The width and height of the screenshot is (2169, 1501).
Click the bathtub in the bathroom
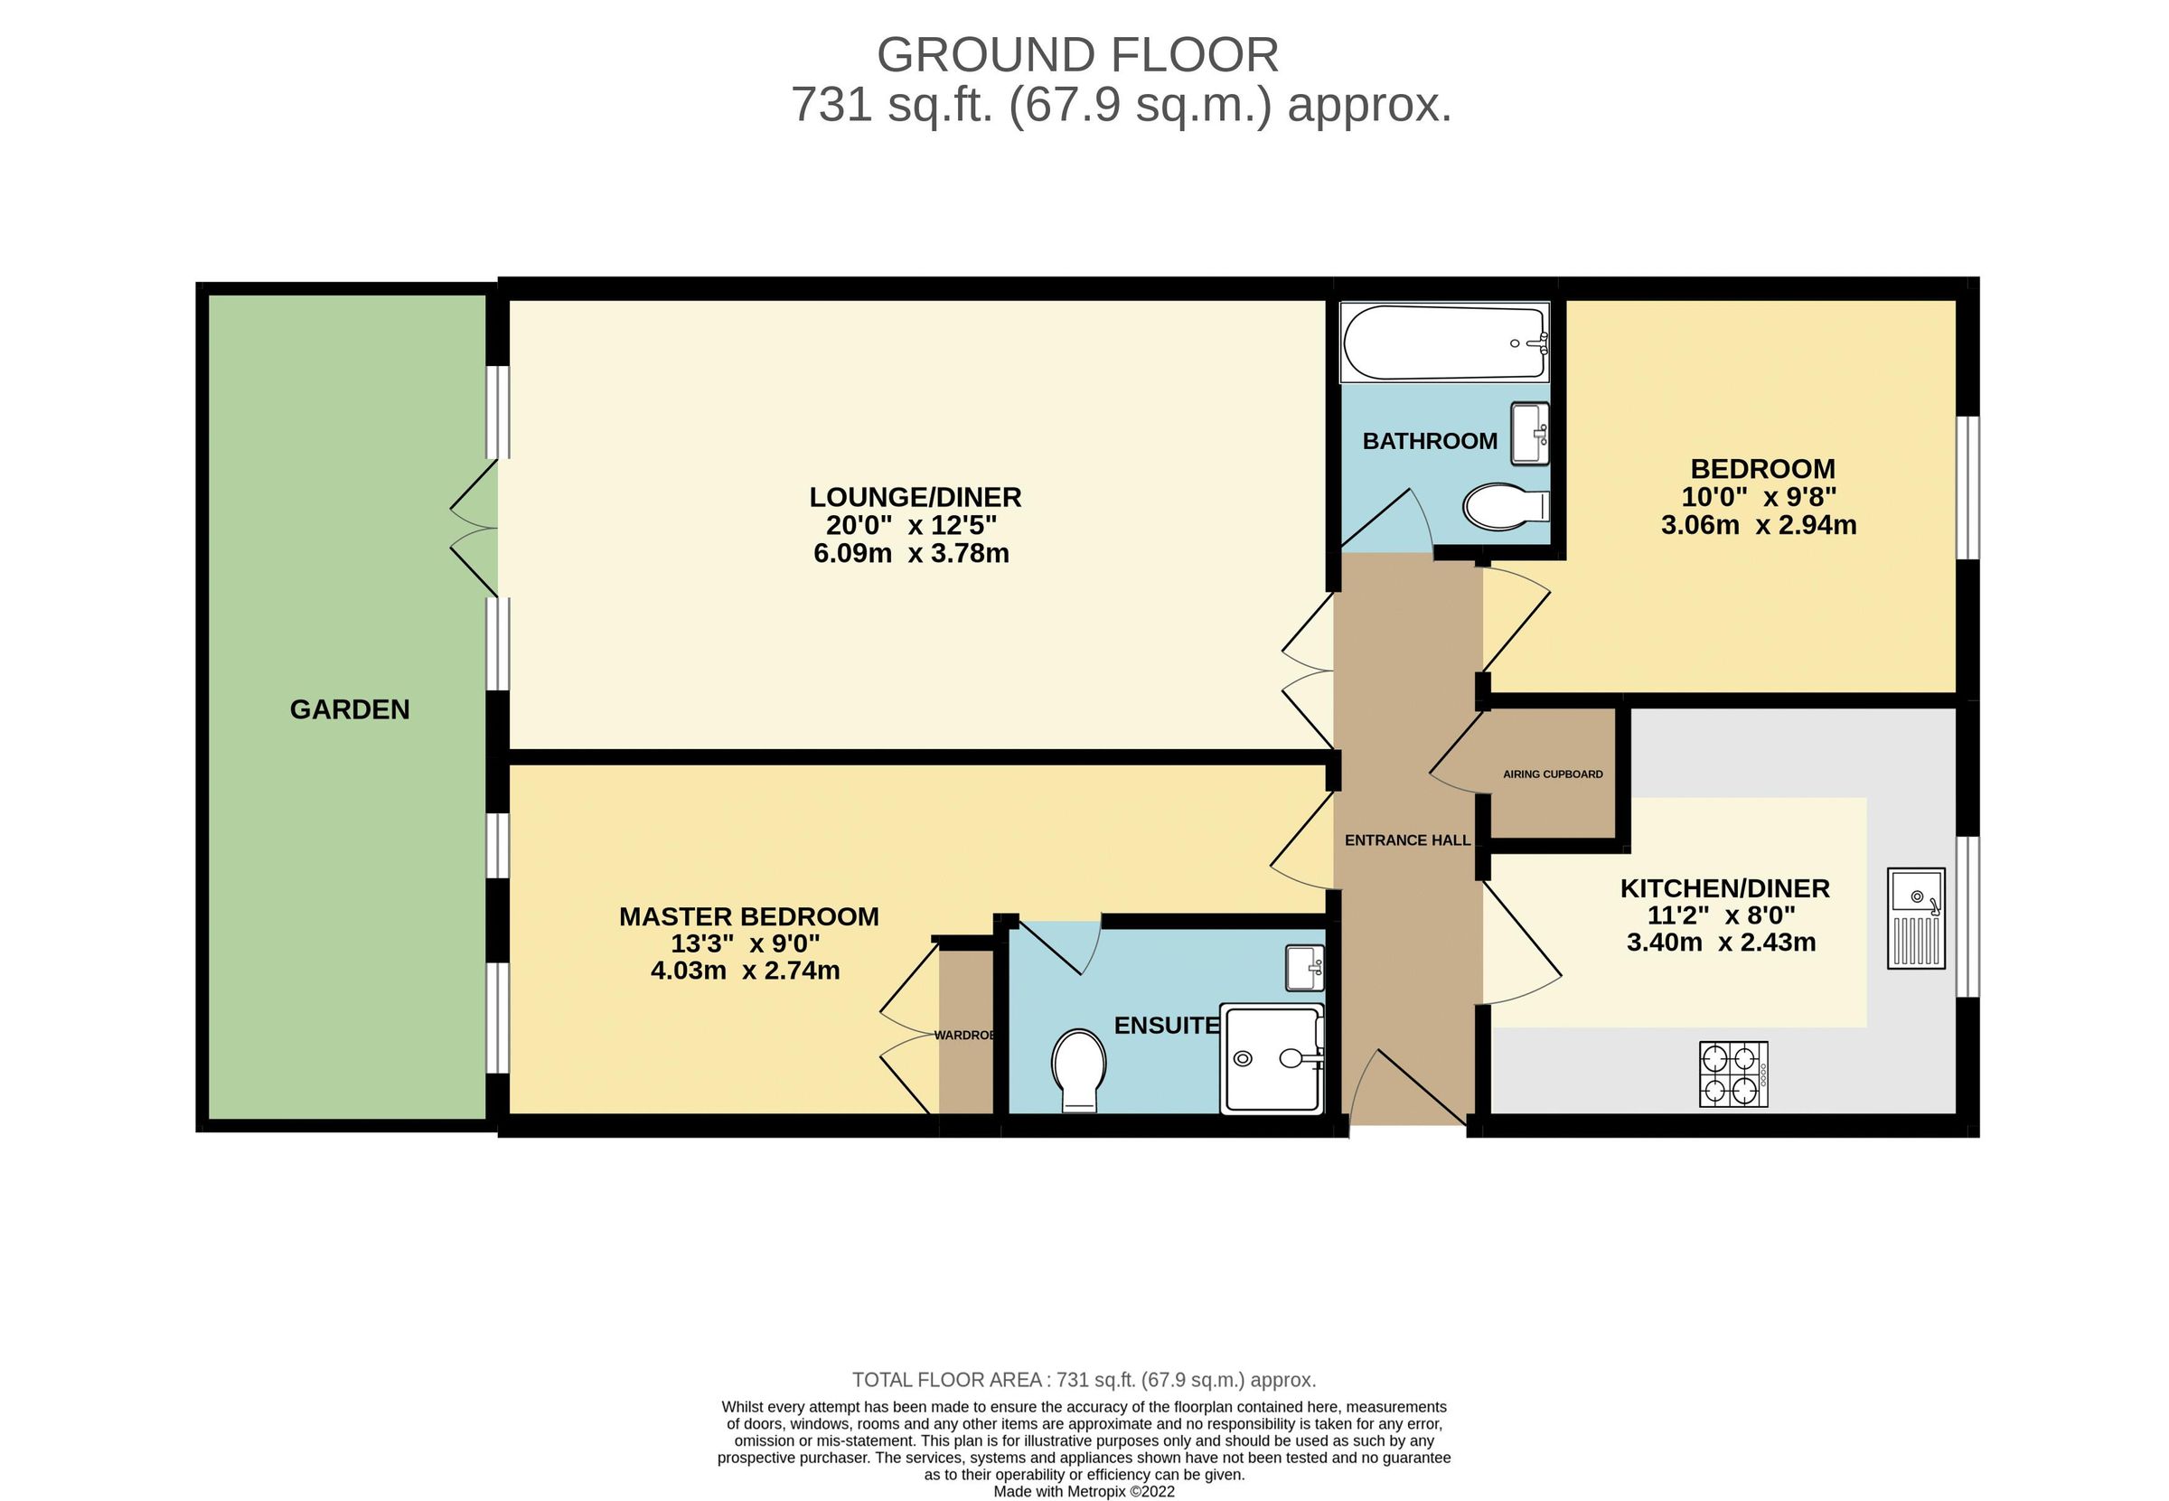1444,342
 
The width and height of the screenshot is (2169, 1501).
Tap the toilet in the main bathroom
1504,507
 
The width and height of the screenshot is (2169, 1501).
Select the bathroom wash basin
1528,434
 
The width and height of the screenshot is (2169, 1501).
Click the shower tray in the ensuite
1271,1059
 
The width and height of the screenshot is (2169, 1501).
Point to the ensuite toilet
1078,1070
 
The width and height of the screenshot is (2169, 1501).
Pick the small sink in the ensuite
1305,968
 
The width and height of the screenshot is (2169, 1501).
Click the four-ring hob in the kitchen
1732,1073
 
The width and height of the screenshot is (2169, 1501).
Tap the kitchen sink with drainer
1915,918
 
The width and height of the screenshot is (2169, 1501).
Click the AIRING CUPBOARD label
1552,774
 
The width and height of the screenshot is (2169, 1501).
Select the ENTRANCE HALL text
1406,840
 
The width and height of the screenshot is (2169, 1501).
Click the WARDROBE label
965,1035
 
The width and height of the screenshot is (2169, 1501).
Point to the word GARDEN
349,709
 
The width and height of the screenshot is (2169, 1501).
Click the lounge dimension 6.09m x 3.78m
910,553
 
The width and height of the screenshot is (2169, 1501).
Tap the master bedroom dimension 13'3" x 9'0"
745,943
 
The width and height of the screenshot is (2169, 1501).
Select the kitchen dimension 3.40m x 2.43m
1721,943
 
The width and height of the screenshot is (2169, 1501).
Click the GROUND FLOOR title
1077,54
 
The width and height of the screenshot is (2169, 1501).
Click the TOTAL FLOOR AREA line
1084,1380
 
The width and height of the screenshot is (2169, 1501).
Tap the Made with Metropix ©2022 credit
1084,1492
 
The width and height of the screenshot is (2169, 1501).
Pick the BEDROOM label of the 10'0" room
1761,468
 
